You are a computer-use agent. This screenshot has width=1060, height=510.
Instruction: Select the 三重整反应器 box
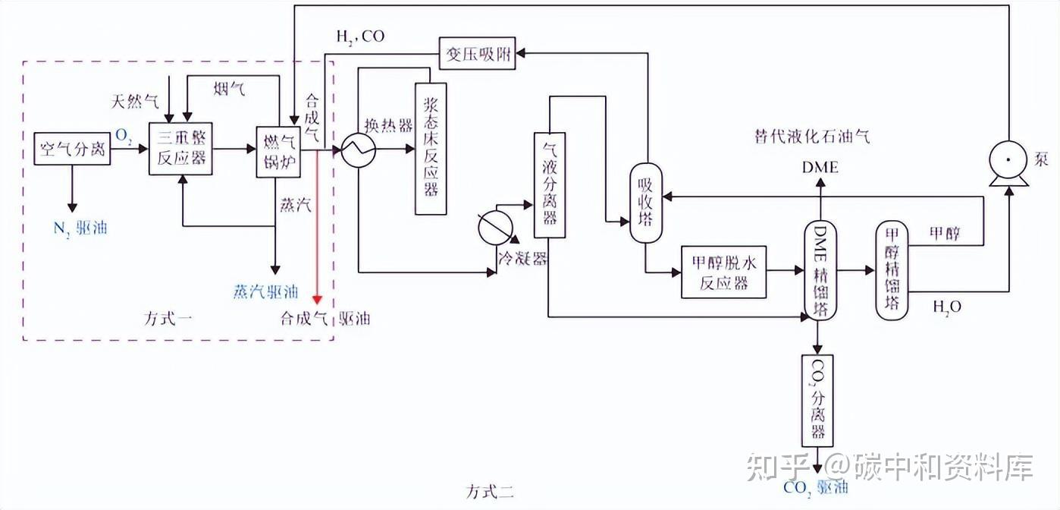[181, 150]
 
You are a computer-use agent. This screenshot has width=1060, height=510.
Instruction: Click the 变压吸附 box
[477, 54]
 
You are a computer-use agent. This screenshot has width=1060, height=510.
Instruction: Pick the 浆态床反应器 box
[431, 149]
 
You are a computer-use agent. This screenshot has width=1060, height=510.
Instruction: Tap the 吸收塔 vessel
[646, 203]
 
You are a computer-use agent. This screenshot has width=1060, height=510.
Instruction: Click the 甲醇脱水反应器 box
[724, 272]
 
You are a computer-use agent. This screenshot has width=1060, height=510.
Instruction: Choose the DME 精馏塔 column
[819, 271]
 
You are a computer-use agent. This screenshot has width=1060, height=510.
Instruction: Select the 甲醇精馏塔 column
[892, 271]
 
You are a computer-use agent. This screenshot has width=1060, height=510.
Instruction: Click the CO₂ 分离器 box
[817, 400]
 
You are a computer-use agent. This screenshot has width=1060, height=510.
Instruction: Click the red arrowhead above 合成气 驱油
[319, 297]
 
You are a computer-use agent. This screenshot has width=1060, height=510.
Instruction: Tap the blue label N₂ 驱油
[80, 227]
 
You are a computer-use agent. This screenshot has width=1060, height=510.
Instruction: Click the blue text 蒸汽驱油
[265, 292]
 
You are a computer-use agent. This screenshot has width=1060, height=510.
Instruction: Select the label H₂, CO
[360, 36]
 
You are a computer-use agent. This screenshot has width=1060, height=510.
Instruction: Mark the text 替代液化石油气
[811, 137]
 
